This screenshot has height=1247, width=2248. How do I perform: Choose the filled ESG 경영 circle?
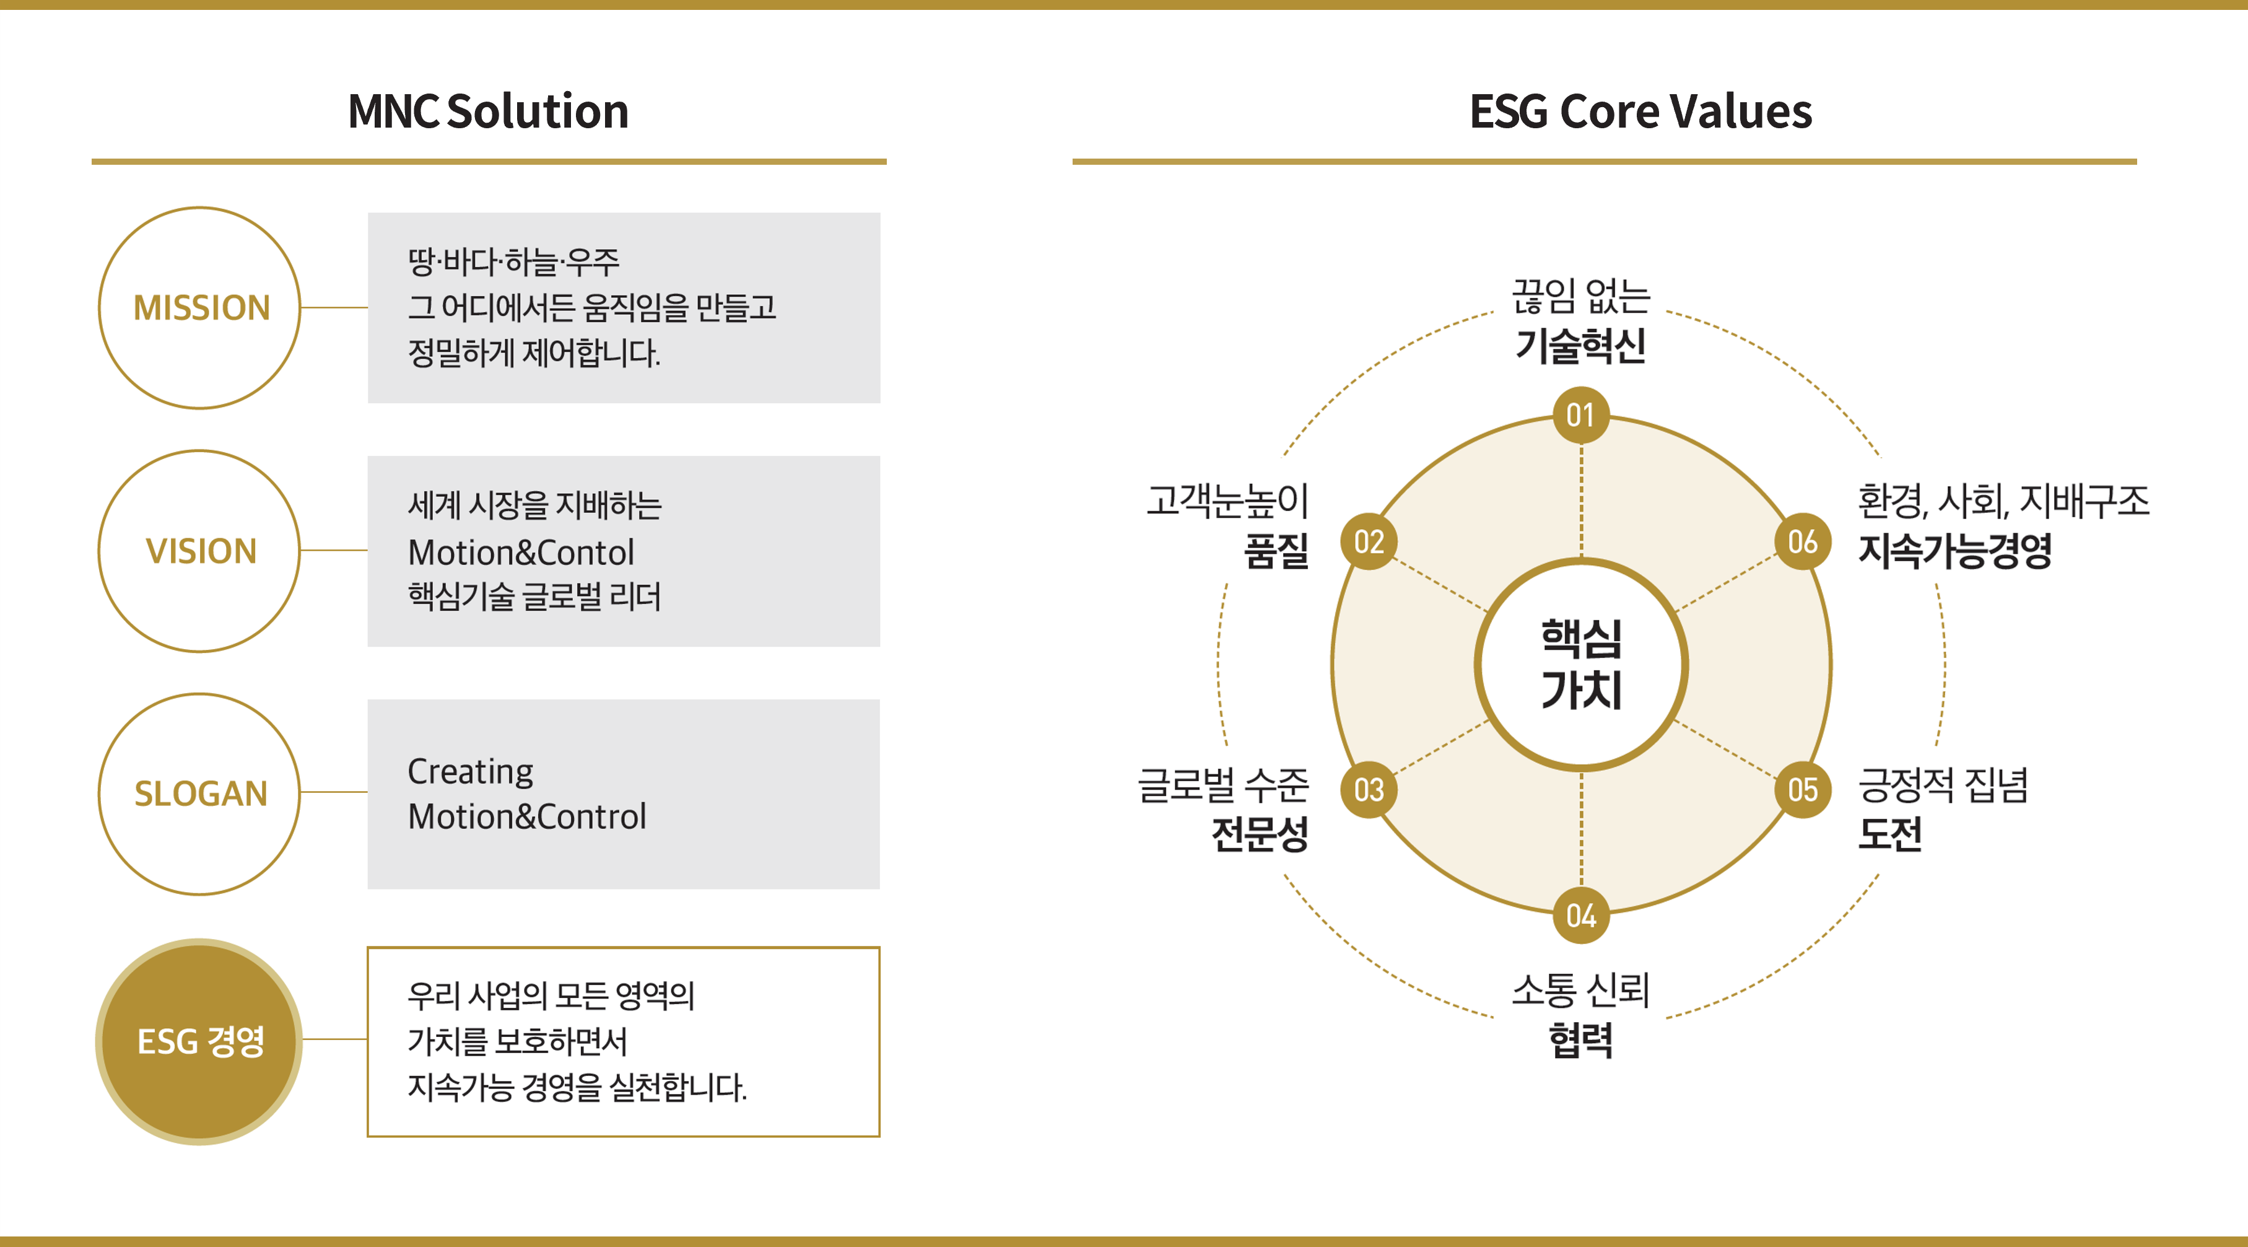point(200,1041)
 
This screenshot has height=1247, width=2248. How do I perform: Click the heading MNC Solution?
point(489,112)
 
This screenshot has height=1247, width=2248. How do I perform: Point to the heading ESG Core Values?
point(1640,112)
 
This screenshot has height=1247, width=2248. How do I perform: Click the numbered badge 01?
point(1580,416)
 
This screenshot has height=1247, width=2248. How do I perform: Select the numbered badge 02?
point(1369,542)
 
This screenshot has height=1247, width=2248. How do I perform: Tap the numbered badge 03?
point(1369,790)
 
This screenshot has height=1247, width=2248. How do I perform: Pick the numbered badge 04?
point(1580,916)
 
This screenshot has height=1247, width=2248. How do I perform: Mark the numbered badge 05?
point(1802,790)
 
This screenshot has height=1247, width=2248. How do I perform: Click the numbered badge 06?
point(1802,542)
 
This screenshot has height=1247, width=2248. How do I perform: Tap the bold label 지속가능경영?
point(1955,551)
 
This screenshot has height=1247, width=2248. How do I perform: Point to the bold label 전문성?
point(1260,833)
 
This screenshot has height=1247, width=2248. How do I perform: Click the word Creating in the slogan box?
point(471,771)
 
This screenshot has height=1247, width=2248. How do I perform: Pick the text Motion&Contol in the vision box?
point(521,553)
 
